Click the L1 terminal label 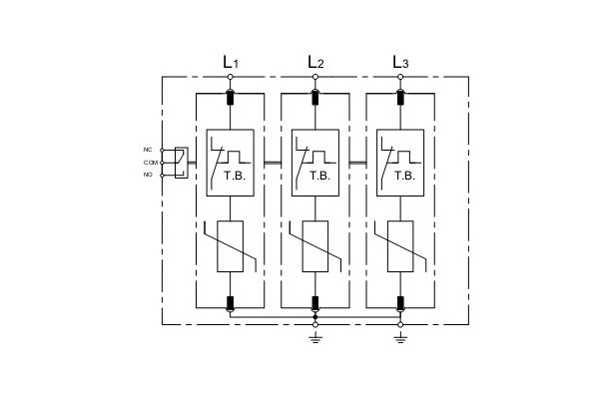[231, 62]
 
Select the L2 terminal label [315, 62]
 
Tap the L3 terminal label [400, 62]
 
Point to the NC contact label [148, 150]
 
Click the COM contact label [151, 163]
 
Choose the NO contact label [148, 175]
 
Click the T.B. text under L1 [235, 176]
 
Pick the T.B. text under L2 [319, 176]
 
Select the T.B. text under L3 [404, 176]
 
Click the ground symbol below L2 [315, 337]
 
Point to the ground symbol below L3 [400, 337]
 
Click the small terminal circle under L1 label [230, 77]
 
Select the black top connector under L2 [315, 97]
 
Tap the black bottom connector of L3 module [400, 303]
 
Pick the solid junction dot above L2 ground [315, 317]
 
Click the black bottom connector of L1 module [230, 303]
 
